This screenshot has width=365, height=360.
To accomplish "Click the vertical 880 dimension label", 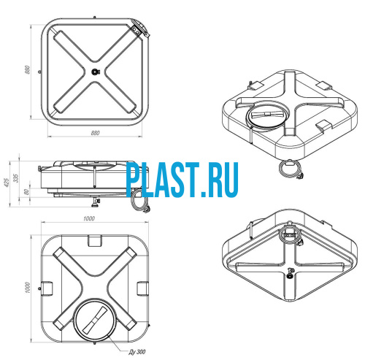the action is click(x=28, y=70).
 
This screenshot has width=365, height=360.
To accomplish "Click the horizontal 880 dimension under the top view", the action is click(x=95, y=133).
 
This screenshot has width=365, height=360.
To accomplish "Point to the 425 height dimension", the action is click(x=7, y=183).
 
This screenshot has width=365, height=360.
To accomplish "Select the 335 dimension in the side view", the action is click(x=16, y=178).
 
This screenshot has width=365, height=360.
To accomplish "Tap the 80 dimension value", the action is click(x=27, y=192).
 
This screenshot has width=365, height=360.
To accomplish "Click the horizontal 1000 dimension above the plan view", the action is click(x=89, y=218).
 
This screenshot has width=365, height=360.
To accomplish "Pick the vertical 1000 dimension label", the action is click(x=28, y=288).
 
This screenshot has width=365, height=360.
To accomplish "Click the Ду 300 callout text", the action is click(x=137, y=352).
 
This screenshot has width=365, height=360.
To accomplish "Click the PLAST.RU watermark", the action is click(x=182, y=180).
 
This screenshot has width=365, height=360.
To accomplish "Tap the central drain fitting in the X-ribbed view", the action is click(x=95, y=72).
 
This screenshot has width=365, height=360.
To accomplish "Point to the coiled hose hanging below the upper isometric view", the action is click(x=291, y=169).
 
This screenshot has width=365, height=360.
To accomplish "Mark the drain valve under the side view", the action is click(x=96, y=202).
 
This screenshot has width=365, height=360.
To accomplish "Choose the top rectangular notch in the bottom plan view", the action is click(x=95, y=240).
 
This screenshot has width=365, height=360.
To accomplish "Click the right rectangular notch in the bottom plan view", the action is click(x=142, y=288).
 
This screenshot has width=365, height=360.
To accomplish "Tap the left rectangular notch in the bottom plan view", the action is click(x=47, y=288).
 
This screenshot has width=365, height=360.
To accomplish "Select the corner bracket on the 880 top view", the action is click(x=139, y=29).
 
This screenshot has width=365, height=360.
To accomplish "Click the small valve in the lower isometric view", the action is click(x=290, y=273).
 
